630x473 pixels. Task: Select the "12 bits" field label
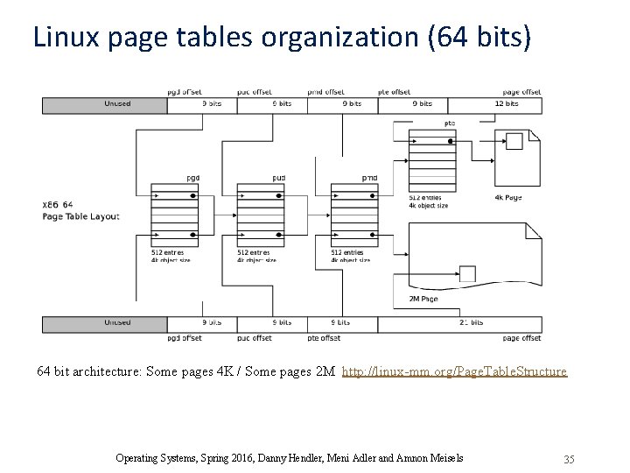click(x=507, y=103)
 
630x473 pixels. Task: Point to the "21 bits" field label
click(x=470, y=322)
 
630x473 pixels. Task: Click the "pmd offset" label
click(x=325, y=91)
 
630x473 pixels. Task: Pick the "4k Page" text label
click(x=507, y=197)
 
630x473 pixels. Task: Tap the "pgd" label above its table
click(x=192, y=177)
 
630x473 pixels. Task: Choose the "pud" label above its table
click(x=278, y=177)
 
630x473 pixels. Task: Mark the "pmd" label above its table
click(x=369, y=177)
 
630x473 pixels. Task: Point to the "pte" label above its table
click(x=450, y=123)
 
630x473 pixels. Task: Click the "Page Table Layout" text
click(x=81, y=216)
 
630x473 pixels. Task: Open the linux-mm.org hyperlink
click(x=454, y=371)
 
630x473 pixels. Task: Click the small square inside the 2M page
click(x=468, y=273)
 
